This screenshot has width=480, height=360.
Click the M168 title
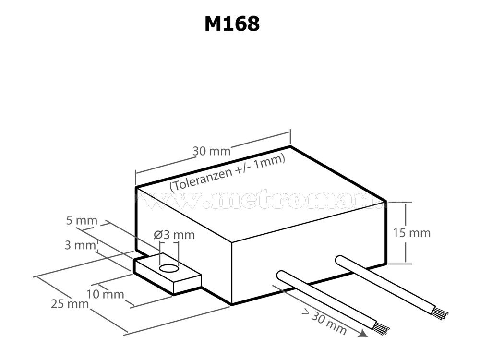point(232,24)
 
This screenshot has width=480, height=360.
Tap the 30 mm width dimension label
point(212,151)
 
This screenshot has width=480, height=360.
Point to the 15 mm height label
point(411,233)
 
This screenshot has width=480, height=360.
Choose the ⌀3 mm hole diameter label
point(175,235)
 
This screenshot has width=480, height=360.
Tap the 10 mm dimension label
point(106,294)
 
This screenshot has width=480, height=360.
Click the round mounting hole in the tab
point(168,269)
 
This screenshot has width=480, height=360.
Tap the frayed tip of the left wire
point(382,328)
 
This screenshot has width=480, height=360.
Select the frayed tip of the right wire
point(441,313)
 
